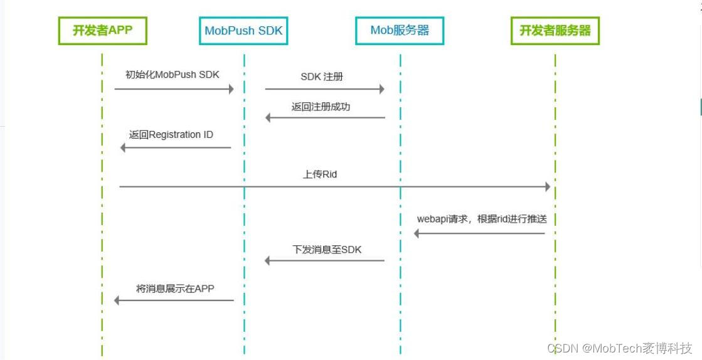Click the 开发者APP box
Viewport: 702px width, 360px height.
(x=102, y=31)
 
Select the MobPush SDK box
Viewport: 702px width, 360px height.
(x=243, y=31)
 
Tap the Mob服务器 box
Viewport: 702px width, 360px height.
(x=400, y=31)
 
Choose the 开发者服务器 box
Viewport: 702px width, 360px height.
(x=555, y=31)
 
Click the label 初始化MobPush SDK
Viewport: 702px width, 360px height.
(x=173, y=75)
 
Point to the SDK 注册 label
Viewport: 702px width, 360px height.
(x=322, y=77)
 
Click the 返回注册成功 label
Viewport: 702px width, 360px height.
(x=321, y=107)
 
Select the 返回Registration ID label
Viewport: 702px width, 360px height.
(x=171, y=134)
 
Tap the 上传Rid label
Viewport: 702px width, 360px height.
(x=320, y=174)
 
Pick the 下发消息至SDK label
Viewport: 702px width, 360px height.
(x=327, y=249)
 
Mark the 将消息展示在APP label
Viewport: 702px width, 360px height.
(x=175, y=289)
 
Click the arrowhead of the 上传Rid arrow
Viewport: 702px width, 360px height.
(x=547, y=187)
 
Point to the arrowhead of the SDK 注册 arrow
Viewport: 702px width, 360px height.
(x=381, y=89)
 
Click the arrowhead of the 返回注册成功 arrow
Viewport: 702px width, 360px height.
(x=269, y=117)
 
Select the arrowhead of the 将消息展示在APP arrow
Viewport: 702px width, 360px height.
(x=117, y=300)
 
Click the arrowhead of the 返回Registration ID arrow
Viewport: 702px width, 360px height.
(x=124, y=147)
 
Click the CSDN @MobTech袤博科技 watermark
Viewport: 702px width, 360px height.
(x=619, y=348)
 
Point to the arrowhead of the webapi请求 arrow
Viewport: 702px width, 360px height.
(x=417, y=233)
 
